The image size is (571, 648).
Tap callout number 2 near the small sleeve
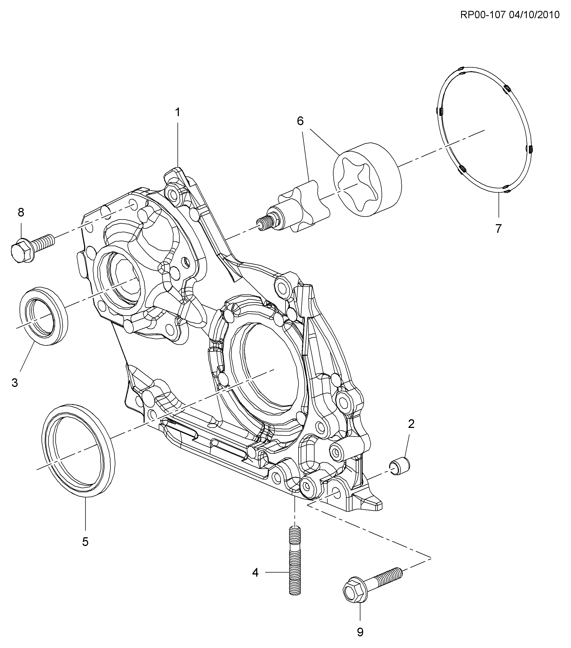[x=411, y=424]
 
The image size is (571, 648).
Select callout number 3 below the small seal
[x=15, y=383]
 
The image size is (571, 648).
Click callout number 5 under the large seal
[x=85, y=542]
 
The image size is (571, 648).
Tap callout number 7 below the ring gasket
[x=498, y=228]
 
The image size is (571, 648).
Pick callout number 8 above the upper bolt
[x=21, y=212]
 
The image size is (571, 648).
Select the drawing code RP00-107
[x=482, y=15]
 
